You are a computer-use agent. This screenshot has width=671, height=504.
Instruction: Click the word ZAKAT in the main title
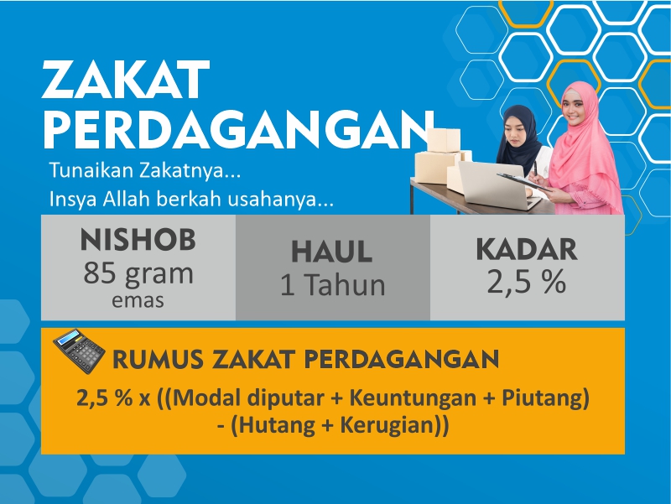[x=125, y=82]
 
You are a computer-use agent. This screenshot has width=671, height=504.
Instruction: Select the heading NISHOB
[x=138, y=241]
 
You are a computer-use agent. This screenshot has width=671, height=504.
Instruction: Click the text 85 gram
[x=138, y=273]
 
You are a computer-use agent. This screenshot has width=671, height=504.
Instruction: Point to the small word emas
[x=138, y=299]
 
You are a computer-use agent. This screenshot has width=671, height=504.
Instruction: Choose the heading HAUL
[x=331, y=252]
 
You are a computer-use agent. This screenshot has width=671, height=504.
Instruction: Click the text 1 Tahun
[x=332, y=285]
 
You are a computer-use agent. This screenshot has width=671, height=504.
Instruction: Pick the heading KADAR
[x=527, y=249]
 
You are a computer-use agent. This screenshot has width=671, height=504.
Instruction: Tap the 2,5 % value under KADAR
[x=527, y=283]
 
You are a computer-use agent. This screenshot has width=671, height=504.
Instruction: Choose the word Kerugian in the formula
[x=389, y=424]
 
